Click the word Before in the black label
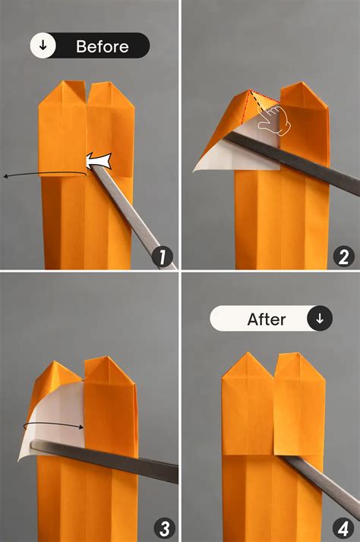103,46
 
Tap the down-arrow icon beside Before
43,46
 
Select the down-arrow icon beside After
319,320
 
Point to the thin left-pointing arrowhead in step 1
7,176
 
